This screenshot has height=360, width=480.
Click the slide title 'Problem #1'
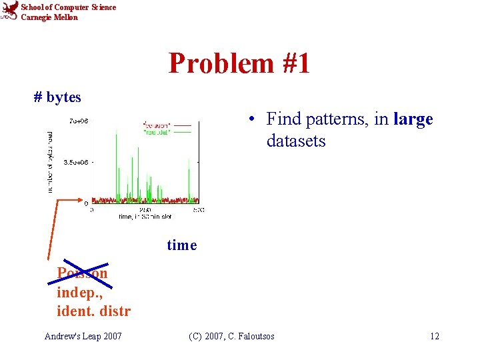coord(239,63)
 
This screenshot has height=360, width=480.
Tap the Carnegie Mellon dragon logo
coord(9,11)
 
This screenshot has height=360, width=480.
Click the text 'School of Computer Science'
coord(68,7)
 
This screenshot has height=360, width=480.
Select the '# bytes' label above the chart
coord(57,97)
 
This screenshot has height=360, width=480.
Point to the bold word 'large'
coord(413,119)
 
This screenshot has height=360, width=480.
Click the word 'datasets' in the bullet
coord(296,141)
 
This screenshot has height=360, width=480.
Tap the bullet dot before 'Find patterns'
coord(247,120)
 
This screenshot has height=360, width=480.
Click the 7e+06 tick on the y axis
coord(79,121)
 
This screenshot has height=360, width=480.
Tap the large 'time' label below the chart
coord(182,245)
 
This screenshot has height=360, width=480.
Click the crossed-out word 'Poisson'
coord(81,273)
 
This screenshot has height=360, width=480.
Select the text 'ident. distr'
coord(93,311)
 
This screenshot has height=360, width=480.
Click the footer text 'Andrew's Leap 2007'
coord(83,336)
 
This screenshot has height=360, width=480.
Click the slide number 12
coord(434,336)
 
